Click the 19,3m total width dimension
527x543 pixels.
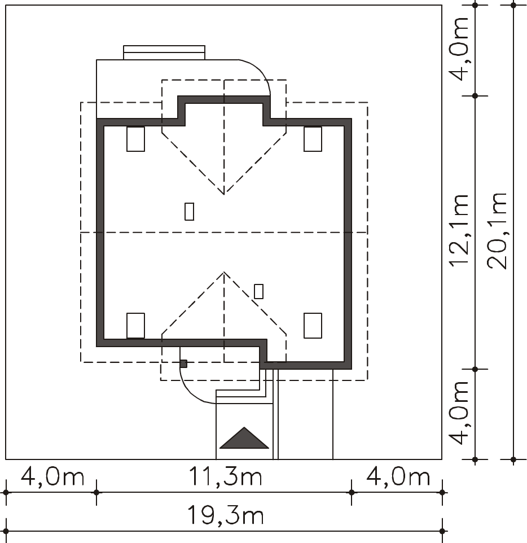click(225, 516)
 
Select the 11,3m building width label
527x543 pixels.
click(225, 477)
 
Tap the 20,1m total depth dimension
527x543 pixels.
click(497, 231)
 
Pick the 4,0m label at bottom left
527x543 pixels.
click(52, 477)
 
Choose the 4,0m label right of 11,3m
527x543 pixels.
click(398, 477)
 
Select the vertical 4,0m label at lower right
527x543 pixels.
click(459, 413)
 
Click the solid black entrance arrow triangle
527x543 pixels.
click(244, 438)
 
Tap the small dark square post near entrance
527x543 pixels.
click(183, 364)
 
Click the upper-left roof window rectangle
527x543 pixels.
click(136, 139)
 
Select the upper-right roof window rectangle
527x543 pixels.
click(313, 139)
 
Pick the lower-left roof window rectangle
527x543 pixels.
click(136, 326)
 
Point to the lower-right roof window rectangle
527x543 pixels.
click(313, 326)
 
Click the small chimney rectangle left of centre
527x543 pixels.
click(190, 211)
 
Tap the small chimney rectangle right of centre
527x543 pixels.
click(258, 291)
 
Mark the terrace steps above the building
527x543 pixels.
click(164, 52)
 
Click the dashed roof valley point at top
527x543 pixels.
click(224, 194)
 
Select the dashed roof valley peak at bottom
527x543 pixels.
click(224, 273)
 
